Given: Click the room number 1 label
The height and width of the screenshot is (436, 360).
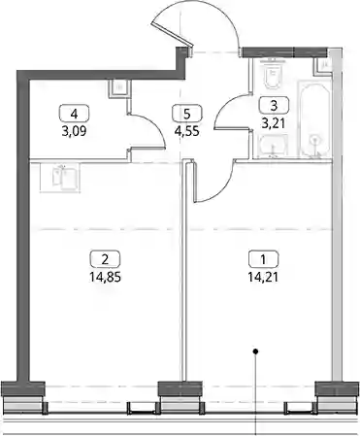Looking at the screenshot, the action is pos(263,259).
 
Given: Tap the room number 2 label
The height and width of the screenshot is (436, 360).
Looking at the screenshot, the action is pos(105,259).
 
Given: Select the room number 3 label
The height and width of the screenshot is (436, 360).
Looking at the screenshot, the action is pos(274,105).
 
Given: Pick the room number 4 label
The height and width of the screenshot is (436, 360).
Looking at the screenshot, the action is pos(74,114).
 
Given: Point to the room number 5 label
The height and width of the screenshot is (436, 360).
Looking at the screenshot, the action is pos(187,114).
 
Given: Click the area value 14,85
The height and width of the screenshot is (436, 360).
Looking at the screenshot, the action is pos(106,277).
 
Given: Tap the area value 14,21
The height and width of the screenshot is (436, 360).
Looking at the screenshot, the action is pos(263,277).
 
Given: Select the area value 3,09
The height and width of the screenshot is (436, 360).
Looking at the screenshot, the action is pos(74,131).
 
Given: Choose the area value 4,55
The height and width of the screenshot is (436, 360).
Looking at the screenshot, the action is pos(187,131).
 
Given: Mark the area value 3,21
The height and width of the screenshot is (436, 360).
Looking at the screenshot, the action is pos(274,123).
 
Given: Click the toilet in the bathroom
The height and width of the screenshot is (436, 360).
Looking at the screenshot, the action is pos(272,76).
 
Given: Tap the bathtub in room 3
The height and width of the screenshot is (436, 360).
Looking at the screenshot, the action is pos(314,119).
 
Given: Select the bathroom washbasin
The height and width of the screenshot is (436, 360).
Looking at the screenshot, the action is pos(273,147).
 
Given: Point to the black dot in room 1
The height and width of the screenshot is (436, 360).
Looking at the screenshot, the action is pos(255,351).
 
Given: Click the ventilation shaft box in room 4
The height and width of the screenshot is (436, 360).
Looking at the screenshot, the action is pos(119,88).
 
